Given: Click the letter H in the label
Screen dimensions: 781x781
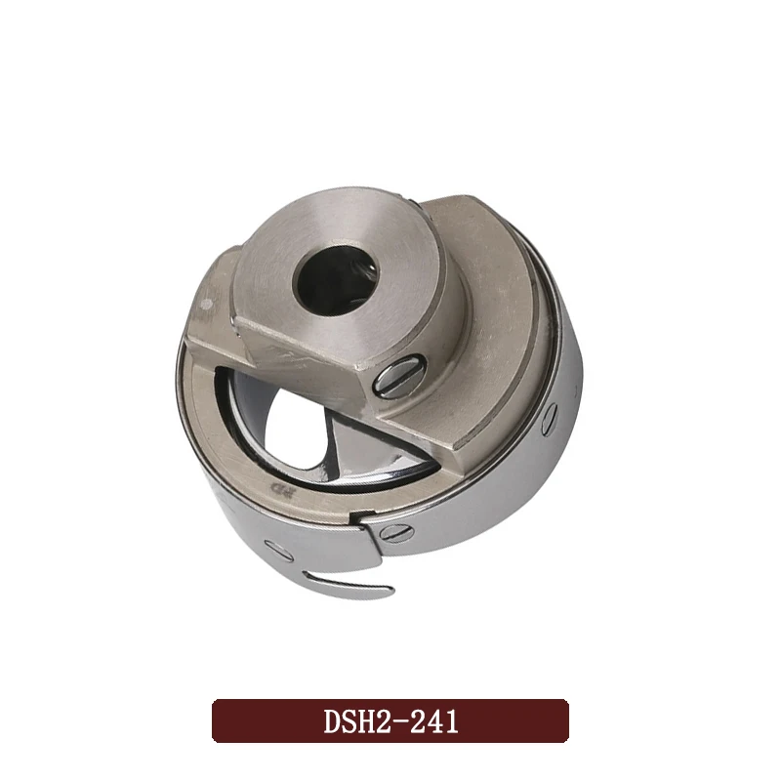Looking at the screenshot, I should [367, 722].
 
